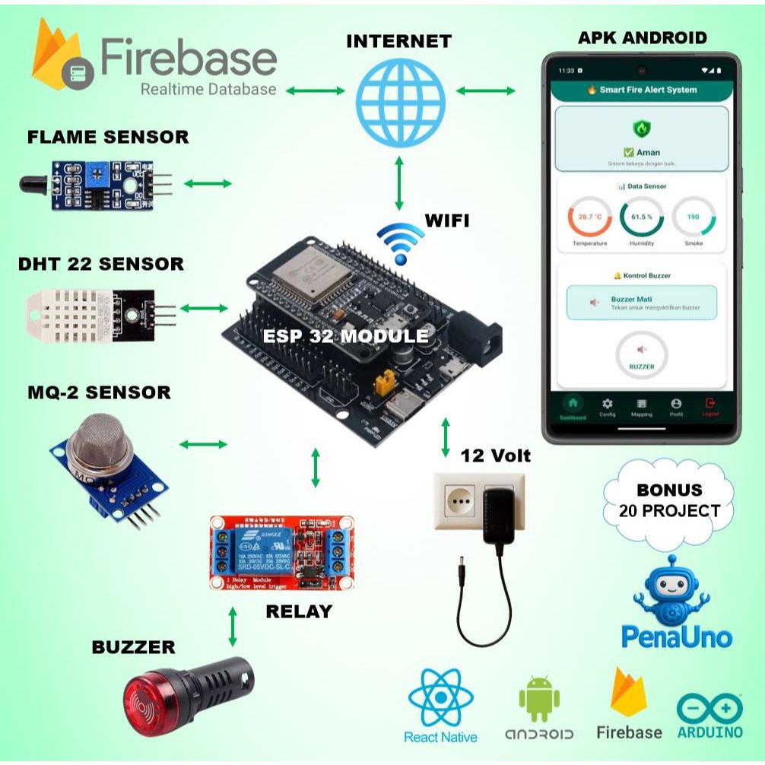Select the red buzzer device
tap(186, 691)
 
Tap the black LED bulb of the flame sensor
tap(33, 183)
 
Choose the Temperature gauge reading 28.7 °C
tap(589, 217)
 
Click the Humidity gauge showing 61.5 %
tap(642, 217)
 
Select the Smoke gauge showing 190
tap(694, 217)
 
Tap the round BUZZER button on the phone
tap(642, 354)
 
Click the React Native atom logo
tap(441, 697)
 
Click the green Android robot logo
tap(539, 697)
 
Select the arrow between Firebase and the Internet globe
tap(316, 90)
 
